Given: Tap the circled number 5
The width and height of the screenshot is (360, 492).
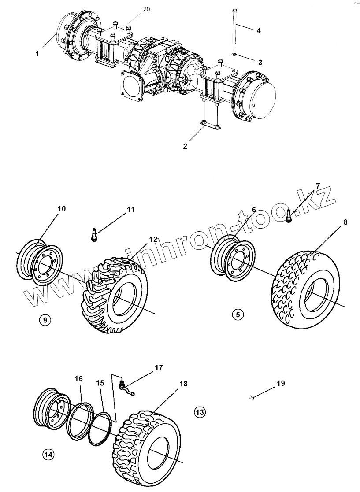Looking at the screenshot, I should pyautogui.click(x=238, y=314).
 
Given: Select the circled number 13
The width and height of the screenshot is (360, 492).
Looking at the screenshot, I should pyautogui.click(x=199, y=412).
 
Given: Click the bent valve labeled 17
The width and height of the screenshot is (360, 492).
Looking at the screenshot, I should pyautogui.click(x=125, y=387).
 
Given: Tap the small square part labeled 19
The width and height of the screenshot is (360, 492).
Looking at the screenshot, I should pyautogui.click(x=252, y=397).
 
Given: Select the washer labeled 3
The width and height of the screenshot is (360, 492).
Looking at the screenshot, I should pyautogui.click(x=234, y=55).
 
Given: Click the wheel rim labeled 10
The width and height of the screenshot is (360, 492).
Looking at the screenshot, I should pyautogui.click(x=40, y=262).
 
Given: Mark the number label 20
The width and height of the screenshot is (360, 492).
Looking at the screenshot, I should pyautogui.click(x=146, y=9).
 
